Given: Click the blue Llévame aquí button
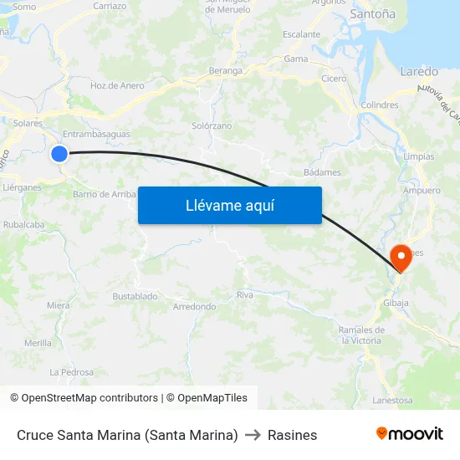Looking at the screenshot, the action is [x=229, y=205].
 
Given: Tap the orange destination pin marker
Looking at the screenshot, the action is [x=401, y=257].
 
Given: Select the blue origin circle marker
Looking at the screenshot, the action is [x=59, y=153].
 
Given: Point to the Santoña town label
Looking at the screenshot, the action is [x=373, y=14].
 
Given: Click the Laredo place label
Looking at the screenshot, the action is [x=419, y=71].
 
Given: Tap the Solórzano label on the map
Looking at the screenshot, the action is [x=212, y=125].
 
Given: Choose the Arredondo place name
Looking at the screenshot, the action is [x=194, y=307].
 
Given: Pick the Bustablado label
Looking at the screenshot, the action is [x=135, y=296].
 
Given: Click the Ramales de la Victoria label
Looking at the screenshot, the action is [x=361, y=335].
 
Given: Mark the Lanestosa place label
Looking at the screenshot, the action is [x=392, y=401].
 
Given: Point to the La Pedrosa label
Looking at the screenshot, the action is [x=71, y=371].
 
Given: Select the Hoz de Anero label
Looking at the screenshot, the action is [x=117, y=85].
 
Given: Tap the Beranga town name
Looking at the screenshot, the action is [x=225, y=71].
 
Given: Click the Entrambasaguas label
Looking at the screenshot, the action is [x=96, y=134].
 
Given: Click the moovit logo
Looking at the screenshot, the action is [x=409, y=434].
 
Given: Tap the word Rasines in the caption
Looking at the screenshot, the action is [x=292, y=435].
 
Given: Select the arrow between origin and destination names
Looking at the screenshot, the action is [x=253, y=435].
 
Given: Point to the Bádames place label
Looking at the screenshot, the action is [x=322, y=172].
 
